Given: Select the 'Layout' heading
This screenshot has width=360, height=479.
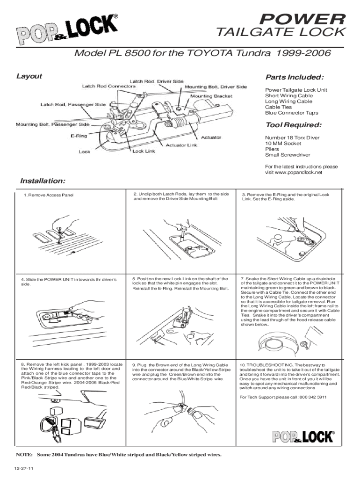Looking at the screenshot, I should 29,76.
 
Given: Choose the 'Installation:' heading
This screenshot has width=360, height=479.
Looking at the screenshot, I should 43,181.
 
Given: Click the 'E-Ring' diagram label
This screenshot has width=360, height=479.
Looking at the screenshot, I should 78,136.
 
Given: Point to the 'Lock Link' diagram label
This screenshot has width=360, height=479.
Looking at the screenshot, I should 144,151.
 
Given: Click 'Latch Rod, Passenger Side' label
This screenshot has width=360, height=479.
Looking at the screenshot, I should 72,104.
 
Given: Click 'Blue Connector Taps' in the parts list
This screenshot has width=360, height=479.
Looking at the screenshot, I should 291,113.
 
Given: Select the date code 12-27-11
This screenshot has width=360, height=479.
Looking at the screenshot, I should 23,469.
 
